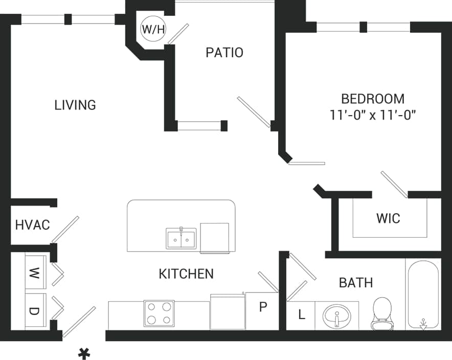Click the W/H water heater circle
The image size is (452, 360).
coord(153,30)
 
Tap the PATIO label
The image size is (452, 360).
coord(224,53)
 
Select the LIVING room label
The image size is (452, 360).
coord(75,105)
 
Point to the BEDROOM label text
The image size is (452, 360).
coord(373,99)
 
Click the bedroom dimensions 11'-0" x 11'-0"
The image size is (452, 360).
coord(373,115)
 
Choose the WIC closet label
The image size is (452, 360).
coord(388,218)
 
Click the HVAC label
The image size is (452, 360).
coord(32,224)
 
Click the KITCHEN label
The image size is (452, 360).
coord(186,274)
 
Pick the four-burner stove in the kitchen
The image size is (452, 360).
coord(159,313)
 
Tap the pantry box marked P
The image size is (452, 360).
coord(263,307)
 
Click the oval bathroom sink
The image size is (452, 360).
coord(336,315)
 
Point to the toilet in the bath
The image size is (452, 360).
coord(381,312)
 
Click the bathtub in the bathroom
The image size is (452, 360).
coord(423,295)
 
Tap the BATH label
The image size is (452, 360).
coord(356,282)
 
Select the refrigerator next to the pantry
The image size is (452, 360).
coord(227,311)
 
